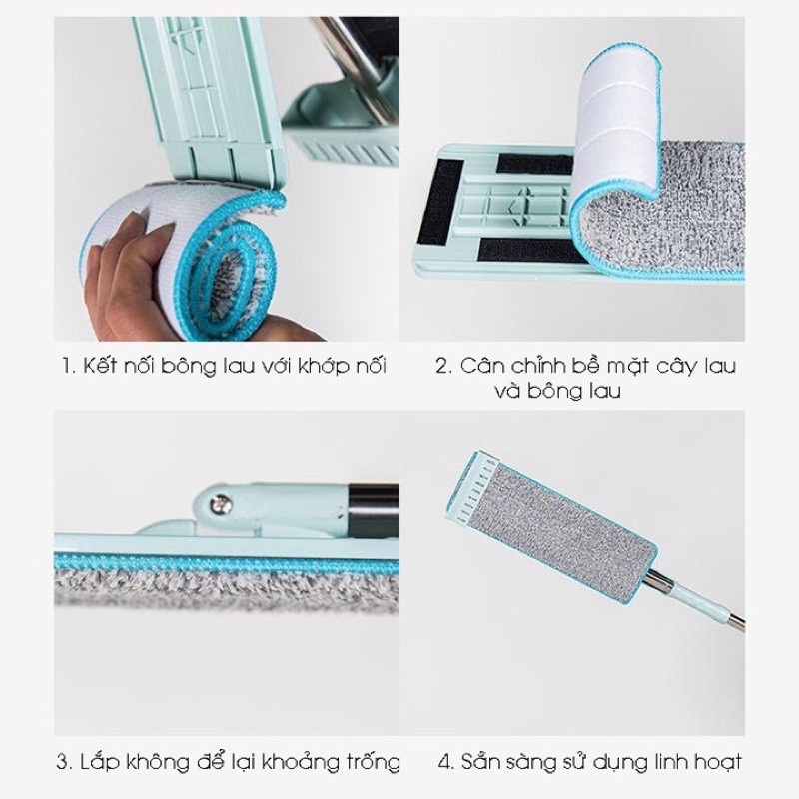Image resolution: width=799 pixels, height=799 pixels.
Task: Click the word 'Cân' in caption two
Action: click(x=482, y=366)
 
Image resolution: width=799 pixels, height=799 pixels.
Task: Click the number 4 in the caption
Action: click(x=444, y=764)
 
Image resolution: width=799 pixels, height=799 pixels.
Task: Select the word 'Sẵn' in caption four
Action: click(x=481, y=764)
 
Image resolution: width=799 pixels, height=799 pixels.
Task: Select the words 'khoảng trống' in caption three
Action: click(x=335, y=765)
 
